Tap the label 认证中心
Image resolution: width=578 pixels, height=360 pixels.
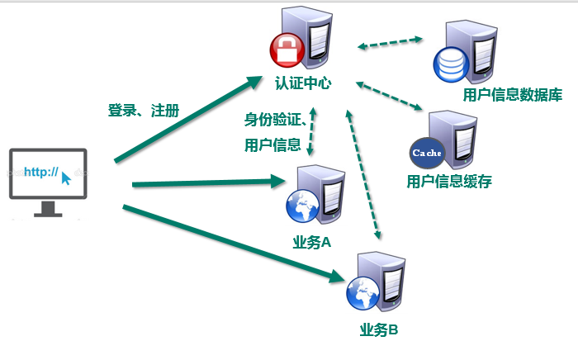click(x=305, y=83)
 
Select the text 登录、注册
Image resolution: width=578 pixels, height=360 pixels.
click(x=144, y=111)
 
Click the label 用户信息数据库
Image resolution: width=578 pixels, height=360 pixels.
click(x=512, y=95)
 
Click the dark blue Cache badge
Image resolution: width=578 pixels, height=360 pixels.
click(x=427, y=152)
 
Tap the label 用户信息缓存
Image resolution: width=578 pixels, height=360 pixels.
click(x=449, y=182)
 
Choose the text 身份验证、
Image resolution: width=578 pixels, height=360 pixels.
click(x=275, y=121)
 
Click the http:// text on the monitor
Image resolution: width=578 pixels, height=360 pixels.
click(x=40, y=173)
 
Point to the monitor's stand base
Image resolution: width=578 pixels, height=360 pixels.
click(x=48, y=213)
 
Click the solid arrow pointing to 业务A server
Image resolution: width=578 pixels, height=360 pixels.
click(x=206, y=181)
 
